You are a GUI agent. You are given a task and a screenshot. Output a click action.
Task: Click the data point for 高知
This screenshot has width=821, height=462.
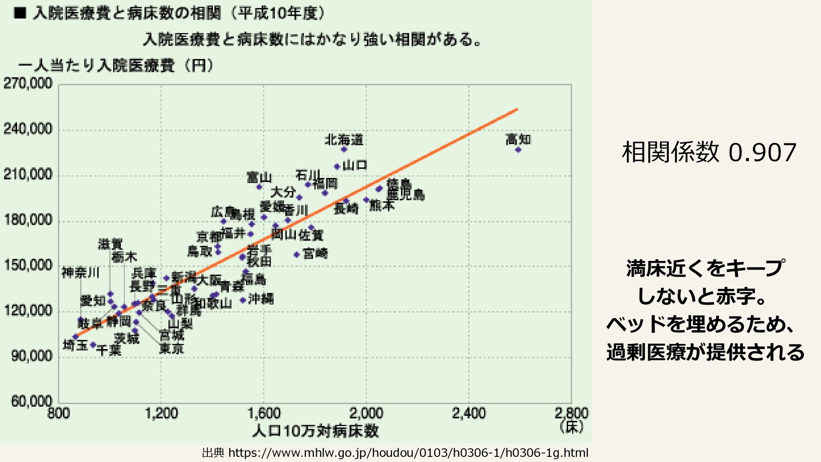tap(518, 150)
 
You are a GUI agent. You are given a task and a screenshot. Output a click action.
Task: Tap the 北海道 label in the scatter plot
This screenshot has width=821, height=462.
tap(344, 139)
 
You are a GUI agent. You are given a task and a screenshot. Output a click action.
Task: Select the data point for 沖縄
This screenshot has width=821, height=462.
tap(243, 300)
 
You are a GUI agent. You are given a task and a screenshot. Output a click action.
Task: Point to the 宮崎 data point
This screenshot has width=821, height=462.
tap(296, 255)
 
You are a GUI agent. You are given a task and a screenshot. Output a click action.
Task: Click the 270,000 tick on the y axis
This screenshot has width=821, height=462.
tap(28, 83)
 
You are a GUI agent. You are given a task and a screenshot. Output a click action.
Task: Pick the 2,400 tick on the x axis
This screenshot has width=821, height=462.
tap(469, 413)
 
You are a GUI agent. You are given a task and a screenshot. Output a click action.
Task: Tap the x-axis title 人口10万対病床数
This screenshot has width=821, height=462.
tap(316, 431)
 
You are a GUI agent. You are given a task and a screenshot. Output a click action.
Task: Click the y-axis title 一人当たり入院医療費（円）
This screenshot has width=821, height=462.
tap(115, 66)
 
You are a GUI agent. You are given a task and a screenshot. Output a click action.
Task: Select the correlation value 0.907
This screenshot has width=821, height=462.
tap(762, 152)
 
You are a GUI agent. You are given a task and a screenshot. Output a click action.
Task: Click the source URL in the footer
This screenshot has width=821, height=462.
tap(408, 453)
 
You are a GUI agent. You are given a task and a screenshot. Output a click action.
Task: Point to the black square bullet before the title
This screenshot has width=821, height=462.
tap(20, 14)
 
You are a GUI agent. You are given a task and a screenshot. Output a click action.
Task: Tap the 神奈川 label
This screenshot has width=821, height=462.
tap(80, 272)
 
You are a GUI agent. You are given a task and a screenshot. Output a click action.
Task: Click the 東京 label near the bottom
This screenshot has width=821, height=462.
tap(171, 348)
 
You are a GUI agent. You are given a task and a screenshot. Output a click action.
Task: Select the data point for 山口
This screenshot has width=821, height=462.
tap(337, 166)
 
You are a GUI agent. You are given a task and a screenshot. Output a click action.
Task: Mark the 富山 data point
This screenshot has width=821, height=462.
tap(259, 187)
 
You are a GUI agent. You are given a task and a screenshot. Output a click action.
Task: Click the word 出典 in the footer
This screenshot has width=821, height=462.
tap(213, 453)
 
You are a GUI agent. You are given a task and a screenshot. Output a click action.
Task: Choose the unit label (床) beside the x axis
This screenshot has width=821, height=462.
tap(571, 426)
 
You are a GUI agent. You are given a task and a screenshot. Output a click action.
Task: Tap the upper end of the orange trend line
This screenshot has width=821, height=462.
tap(517, 110)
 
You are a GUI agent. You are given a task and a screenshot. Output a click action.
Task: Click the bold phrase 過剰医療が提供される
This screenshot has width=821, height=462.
tap(705, 352)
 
